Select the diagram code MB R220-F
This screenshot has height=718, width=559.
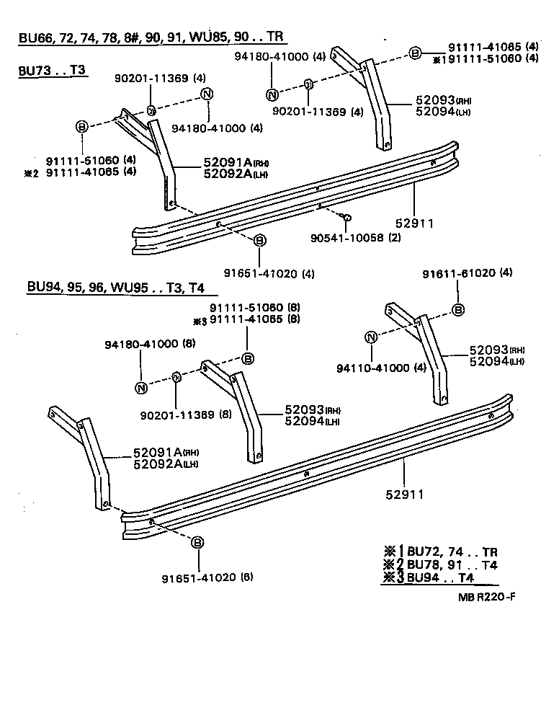[x=486, y=597]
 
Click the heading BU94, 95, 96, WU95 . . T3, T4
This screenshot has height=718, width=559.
[x=116, y=288]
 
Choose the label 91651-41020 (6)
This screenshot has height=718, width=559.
[x=207, y=577]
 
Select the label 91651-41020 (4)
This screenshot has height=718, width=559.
[x=259, y=273]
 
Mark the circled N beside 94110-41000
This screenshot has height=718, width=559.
[x=371, y=337]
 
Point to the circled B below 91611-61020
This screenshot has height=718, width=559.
[x=457, y=310]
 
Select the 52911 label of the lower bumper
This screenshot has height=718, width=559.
[x=403, y=495]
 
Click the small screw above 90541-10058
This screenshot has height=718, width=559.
[x=346, y=217]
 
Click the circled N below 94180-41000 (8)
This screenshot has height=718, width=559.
[x=141, y=388]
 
